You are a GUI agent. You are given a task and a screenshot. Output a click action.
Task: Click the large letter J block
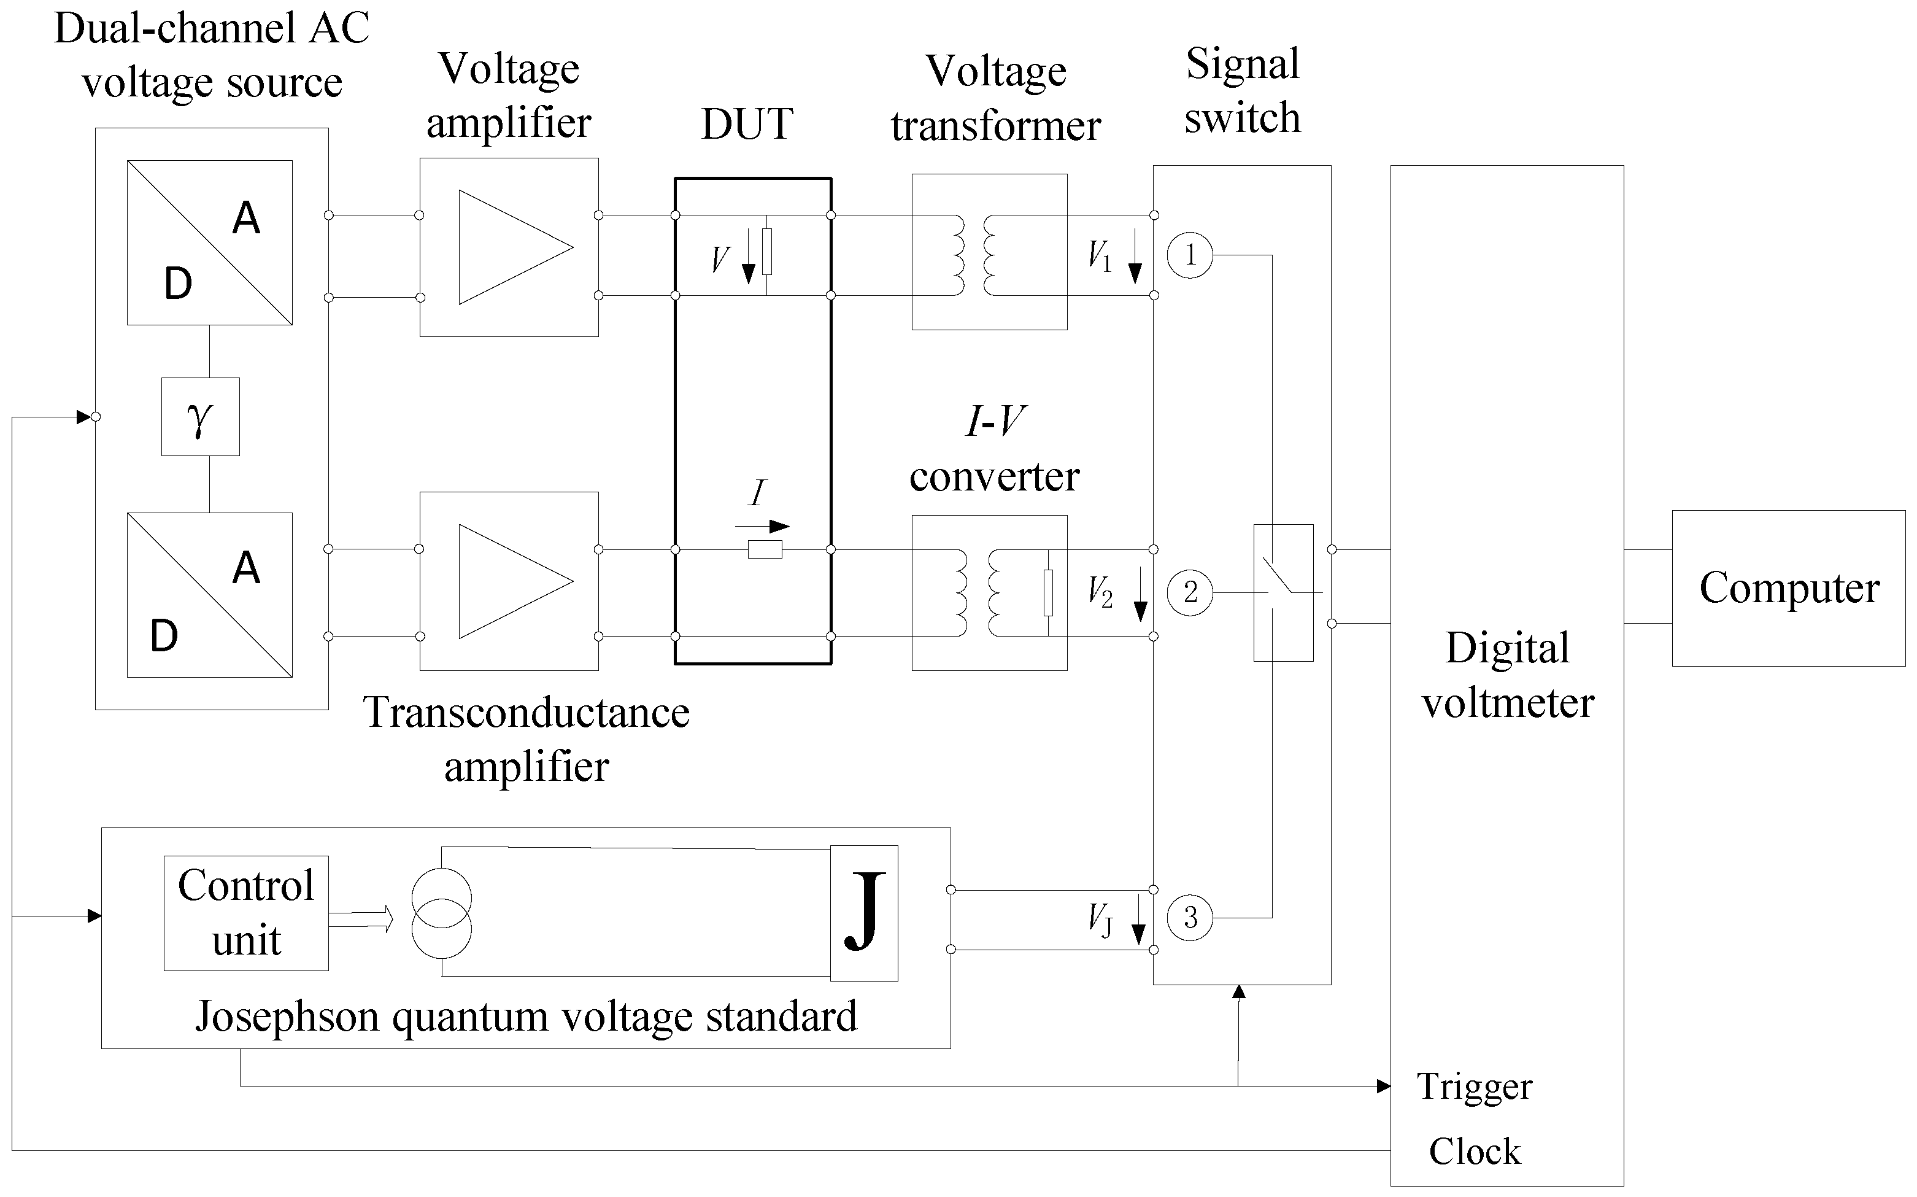click(x=864, y=913)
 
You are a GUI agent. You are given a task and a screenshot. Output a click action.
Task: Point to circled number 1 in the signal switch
click(x=1190, y=255)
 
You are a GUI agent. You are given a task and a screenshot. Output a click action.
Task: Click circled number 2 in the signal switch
click(x=1190, y=592)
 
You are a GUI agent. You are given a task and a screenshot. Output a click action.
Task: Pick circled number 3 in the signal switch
click(x=1190, y=918)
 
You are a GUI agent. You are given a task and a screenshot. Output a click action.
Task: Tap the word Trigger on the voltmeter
click(x=1474, y=1088)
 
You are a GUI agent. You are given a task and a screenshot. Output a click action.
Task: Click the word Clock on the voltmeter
click(x=1475, y=1151)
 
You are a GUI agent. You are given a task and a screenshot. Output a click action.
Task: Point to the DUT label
click(x=747, y=124)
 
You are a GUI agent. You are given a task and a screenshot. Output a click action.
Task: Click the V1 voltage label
click(x=1100, y=256)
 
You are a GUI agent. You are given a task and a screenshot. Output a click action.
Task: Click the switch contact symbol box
click(x=1283, y=592)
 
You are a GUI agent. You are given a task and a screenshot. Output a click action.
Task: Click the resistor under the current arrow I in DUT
click(x=765, y=549)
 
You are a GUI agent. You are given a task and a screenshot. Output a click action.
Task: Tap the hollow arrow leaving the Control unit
click(x=361, y=919)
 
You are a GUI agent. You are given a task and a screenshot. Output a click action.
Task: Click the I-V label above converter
click(x=995, y=420)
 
